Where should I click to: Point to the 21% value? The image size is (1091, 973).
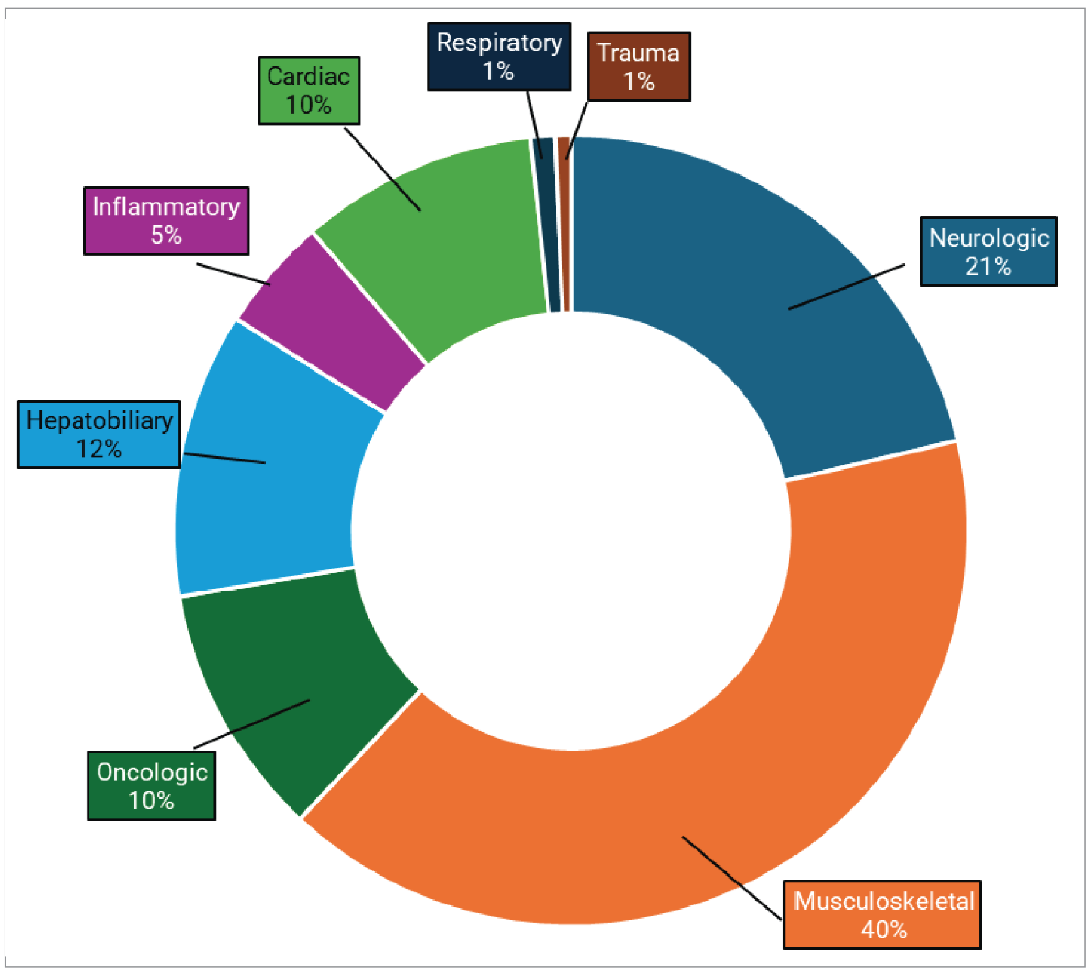pos(988,266)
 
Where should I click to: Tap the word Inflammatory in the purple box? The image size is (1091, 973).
pos(166,207)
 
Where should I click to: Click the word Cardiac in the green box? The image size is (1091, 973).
pos(308,76)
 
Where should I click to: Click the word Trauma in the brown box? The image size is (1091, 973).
pos(638,53)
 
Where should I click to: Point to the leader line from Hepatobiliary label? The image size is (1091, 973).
pos(225,458)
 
